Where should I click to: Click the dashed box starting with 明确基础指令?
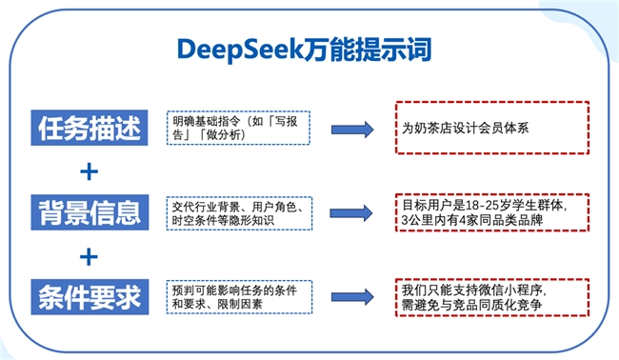(x=238, y=128)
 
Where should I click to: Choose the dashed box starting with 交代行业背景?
(x=238, y=212)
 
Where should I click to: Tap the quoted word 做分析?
(x=240, y=136)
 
